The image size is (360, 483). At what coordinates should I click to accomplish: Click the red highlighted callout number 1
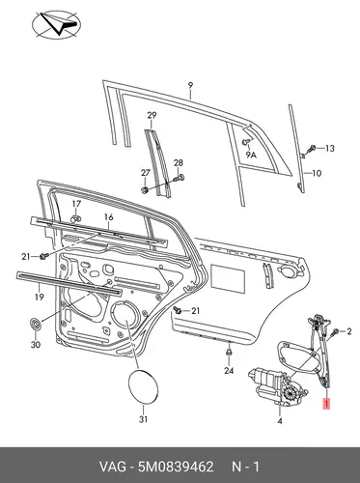(x=326, y=404)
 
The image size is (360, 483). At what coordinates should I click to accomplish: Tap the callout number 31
(x=143, y=419)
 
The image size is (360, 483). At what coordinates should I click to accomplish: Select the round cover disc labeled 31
(x=143, y=386)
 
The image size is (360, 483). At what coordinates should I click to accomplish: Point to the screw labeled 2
(x=334, y=332)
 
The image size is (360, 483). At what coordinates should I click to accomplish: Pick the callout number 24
(x=229, y=371)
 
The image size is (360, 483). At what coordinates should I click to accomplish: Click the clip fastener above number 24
(x=229, y=353)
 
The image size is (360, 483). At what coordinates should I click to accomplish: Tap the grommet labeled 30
(x=35, y=324)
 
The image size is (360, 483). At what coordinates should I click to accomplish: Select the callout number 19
(x=40, y=297)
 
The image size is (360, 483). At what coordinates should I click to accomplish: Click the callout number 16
(x=109, y=217)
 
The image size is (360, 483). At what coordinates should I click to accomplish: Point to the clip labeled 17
(x=75, y=219)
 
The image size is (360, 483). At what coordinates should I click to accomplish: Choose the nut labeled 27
(x=145, y=190)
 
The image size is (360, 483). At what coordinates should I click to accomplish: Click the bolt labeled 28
(x=179, y=177)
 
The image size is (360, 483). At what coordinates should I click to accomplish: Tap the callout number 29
(x=152, y=115)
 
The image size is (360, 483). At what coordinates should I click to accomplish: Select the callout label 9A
(x=251, y=156)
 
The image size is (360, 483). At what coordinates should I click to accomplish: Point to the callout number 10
(x=317, y=173)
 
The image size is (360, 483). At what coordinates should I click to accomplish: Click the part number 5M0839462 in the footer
(x=176, y=467)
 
